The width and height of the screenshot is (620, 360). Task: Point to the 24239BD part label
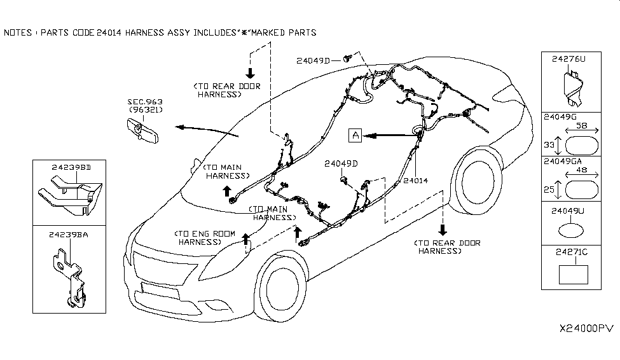tap(70, 167)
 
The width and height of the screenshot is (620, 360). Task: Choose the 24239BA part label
tap(68, 235)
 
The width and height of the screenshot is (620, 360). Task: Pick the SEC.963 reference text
tap(145, 101)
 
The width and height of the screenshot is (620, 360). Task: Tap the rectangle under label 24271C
tap(573, 275)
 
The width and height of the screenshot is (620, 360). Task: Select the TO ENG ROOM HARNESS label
tap(200, 237)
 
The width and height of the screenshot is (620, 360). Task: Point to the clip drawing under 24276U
tap(574, 87)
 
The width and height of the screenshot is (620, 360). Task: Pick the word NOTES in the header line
tap(18, 32)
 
